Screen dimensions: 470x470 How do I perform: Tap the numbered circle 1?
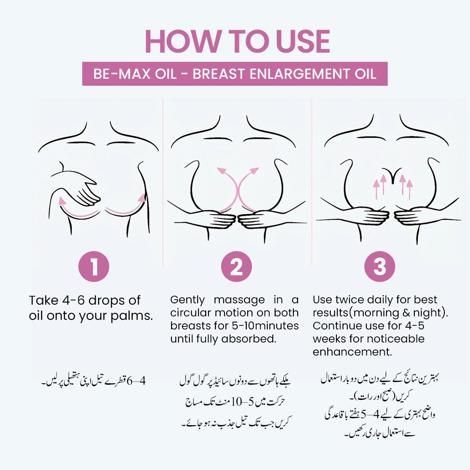pyautogui.click(x=94, y=266)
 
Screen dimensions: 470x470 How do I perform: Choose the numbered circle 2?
pyautogui.click(x=236, y=266)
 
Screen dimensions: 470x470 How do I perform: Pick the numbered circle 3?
pyautogui.click(x=379, y=266)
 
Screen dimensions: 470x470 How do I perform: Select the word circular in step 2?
pyautogui.click(x=191, y=312)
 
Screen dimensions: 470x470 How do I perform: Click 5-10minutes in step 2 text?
pyautogui.click(x=265, y=326)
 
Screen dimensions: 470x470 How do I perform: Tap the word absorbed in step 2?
pyautogui.click(x=249, y=339)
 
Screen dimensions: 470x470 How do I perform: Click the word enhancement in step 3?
pyautogui.click(x=352, y=352)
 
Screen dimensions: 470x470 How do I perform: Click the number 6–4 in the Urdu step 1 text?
pyautogui.click(x=136, y=381)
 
